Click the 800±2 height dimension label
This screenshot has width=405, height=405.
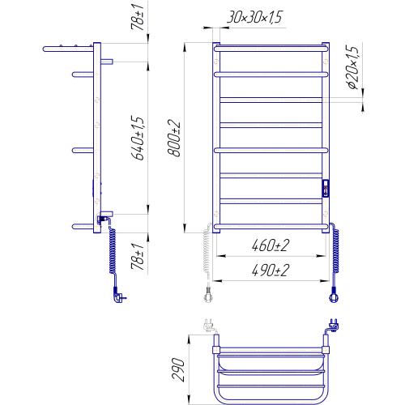[174, 138]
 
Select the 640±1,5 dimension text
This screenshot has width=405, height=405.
[138, 138]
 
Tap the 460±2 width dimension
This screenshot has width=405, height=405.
[271, 245]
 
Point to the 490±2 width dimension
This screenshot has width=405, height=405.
[271, 271]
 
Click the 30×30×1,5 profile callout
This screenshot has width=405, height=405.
[254, 17]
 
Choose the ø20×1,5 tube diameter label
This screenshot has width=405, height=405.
[353, 67]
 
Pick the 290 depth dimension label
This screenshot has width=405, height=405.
[178, 369]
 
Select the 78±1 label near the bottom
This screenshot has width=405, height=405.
[138, 257]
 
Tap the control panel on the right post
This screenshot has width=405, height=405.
[326, 188]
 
